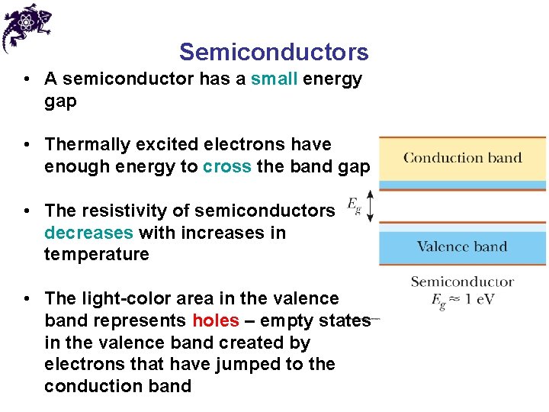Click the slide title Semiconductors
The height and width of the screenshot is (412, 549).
pos(274,52)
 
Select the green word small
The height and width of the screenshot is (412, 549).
pos(274,79)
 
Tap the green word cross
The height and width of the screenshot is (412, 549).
pos(227,166)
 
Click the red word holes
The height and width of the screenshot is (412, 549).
pos(216,320)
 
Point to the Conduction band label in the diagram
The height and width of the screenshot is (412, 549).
pos(462,159)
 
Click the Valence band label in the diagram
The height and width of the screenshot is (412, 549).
pos(462,246)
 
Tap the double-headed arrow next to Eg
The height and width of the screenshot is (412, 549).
pos(370,207)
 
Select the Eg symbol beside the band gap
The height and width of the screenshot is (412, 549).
pos(354,204)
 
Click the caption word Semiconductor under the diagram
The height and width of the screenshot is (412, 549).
pos(462,282)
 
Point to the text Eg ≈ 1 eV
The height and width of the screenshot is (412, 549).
pos(462,299)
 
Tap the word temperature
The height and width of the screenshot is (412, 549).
pos(97,254)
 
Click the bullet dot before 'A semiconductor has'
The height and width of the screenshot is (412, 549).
pos(27,79)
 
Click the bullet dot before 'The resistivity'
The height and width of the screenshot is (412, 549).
pos(27,211)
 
